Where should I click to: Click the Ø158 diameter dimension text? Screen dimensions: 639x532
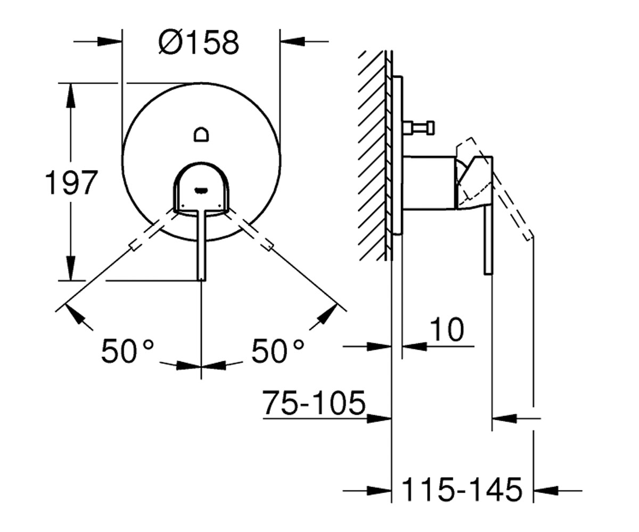[199, 43]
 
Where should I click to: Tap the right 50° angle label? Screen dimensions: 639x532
[278, 351]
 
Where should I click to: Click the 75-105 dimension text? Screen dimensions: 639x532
[314, 402]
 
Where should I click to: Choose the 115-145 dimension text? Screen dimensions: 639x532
[462, 489]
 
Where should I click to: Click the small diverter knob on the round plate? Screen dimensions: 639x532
[201, 135]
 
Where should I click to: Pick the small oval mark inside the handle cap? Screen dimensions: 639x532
[201, 190]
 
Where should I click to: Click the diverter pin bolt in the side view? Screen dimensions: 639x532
[419, 128]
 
